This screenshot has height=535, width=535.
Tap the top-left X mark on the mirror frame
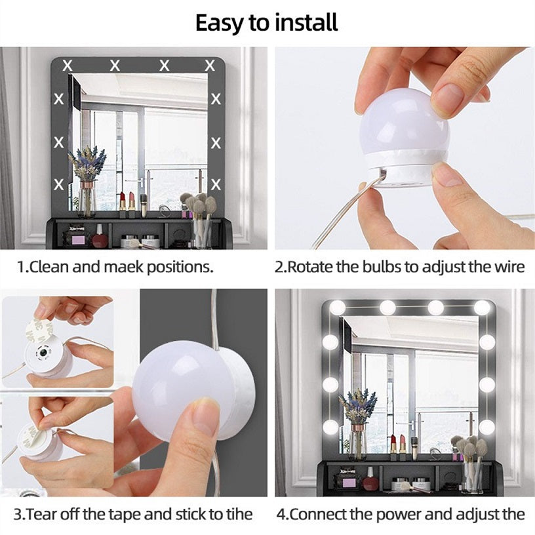[x=66, y=65]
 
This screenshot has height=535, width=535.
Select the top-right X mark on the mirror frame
[x=210, y=65]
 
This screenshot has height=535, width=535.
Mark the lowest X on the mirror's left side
[x=59, y=184]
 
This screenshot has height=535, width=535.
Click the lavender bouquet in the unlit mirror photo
[x=87, y=164]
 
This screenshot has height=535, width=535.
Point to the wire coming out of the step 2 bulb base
[x=341, y=216]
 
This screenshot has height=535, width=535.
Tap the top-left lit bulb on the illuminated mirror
[x=338, y=307]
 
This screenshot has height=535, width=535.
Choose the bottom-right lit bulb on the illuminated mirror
[x=486, y=427]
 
